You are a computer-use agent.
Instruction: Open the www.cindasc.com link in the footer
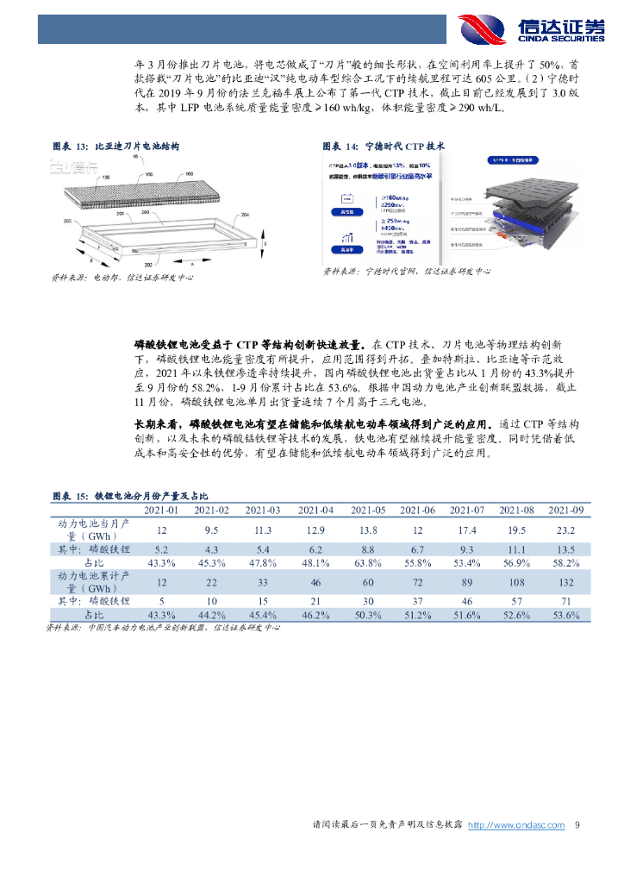pyautogui.click(x=516, y=825)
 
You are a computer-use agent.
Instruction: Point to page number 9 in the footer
pyautogui.click(x=577, y=825)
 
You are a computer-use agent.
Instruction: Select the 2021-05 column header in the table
pyautogui.click(x=367, y=510)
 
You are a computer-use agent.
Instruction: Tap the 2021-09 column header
pyautogui.click(x=566, y=510)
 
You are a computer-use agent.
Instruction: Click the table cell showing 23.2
pyautogui.click(x=566, y=529)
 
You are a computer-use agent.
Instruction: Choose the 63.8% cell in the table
pyautogui.click(x=367, y=563)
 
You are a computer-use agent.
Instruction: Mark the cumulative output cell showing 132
pyautogui.click(x=566, y=582)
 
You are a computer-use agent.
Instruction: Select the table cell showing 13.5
pyautogui.click(x=566, y=548)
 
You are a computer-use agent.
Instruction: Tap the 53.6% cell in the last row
pyautogui.click(x=566, y=615)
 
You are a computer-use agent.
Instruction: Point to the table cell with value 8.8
pyautogui.click(x=367, y=548)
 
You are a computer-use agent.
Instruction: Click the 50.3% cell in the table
pyautogui.click(x=367, y=615)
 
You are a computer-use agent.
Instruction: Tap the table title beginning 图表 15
pyautogui.click(x=130, y=496)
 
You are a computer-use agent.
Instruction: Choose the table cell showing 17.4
pyautogui.click(x=467, y=529)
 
